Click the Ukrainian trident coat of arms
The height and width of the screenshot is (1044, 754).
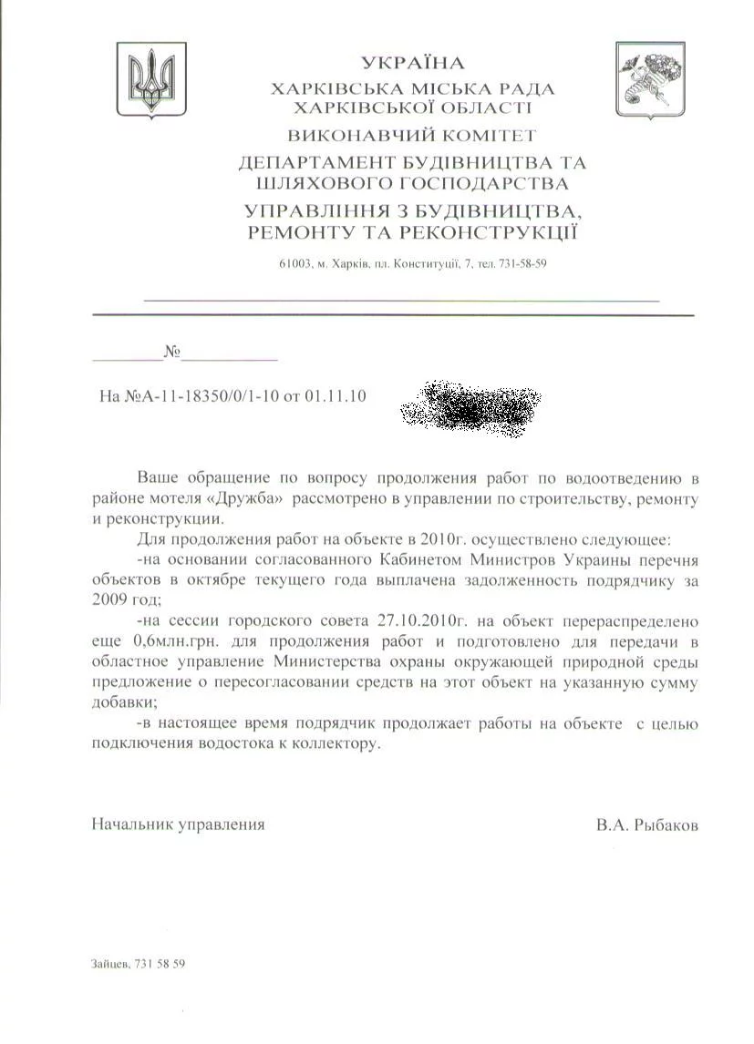coord(150,79)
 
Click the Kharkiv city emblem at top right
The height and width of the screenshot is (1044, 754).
coord(649,78)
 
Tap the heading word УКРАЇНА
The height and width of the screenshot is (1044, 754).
coord(412,63)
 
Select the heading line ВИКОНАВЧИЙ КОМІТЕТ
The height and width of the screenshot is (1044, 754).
coord(412,136)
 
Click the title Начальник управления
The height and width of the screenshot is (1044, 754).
coord(178,824)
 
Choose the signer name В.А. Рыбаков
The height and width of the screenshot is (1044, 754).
coord(647,824)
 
